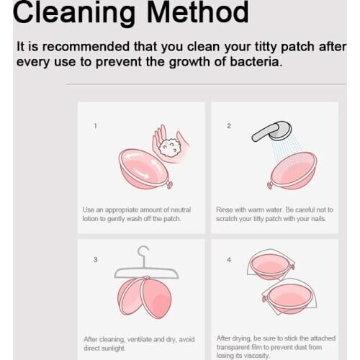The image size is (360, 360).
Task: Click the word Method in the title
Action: point(197,12)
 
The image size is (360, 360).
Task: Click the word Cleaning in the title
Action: point(74,14)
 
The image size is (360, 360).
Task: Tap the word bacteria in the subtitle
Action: point(256,62)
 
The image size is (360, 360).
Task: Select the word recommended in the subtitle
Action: point(86,46)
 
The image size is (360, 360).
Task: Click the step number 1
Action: point(95,126)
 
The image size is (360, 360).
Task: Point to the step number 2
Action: point(229,126)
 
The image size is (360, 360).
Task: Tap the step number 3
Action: point(95,260)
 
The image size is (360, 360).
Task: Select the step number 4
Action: point(229,260)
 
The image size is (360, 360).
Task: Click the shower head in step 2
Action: point(272,131)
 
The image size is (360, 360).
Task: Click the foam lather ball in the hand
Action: point(171,148)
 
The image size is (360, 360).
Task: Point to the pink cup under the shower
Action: point(293,171)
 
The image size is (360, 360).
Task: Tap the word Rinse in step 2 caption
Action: point(225,210)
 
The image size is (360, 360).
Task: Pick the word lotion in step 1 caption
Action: point(90,219)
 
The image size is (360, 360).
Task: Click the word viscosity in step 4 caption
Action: point(256,356)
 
